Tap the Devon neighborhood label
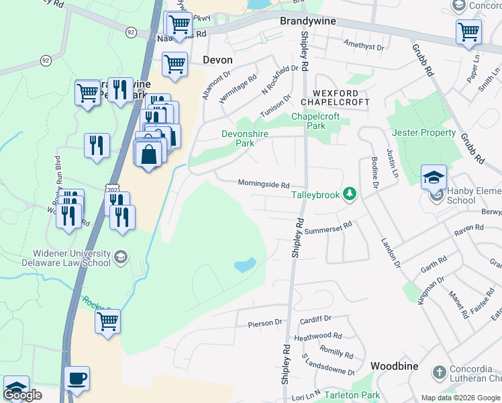pyautogui.click(x=217, y=60)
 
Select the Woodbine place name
pyautogui.click(x=394, y=366)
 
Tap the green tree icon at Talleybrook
pyautogui.click(x=349, y=195)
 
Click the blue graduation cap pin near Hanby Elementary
pyautogui.click(x=434, y=177)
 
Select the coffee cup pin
pyautogui.click(x=77, y=378)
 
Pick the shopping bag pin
pyautogui.click(x=150, y=152)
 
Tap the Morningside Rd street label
pyautogui.click(x=263, y=184)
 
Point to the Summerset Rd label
pyautogui.click(x=328, y=229)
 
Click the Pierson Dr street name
pyautogui.click(x=265, y=323)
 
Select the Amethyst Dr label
pyautogui.click(x=362, y=48)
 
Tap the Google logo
pyautogui.click(x=23, y=396)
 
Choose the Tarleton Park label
pyautogui.click(x=352, y=396)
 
